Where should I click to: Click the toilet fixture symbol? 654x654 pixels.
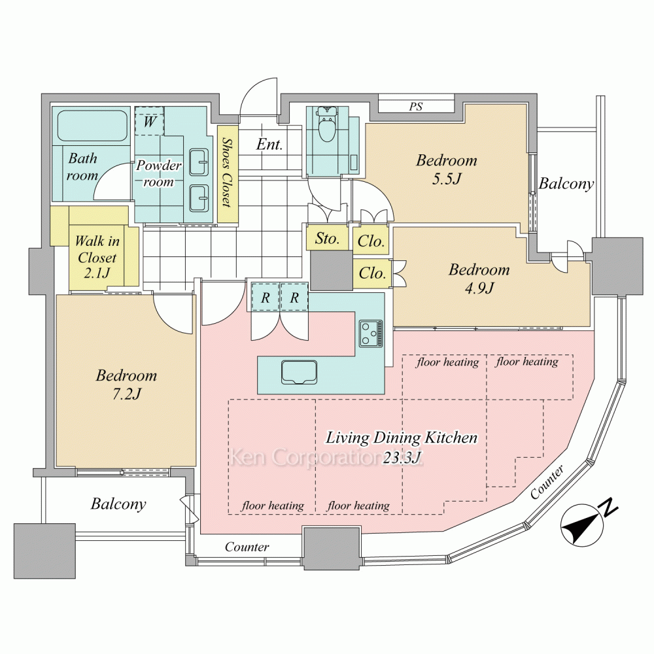coord(326,126)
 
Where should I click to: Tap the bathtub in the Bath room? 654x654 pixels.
coord(92,126)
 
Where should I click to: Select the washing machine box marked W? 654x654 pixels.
coord(149,121)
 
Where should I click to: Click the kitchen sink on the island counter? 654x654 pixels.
coord(299,371)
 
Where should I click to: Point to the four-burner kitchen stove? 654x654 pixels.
coord(371,333)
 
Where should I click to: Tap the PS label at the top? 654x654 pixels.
coord(416,107)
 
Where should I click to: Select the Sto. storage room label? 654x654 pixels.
coord(327,239)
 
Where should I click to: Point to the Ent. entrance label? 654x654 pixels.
coord(269,145)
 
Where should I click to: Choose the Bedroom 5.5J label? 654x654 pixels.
coord(447,169)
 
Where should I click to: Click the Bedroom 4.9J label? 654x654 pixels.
coord(479,278)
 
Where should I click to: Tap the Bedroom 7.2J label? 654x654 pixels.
coord(126,385)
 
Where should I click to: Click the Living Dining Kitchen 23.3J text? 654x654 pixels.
coord(402,447)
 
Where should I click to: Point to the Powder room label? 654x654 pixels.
coord(158,173)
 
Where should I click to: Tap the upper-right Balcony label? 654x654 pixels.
coord(566,184)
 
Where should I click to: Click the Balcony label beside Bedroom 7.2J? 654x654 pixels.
coord(118,504)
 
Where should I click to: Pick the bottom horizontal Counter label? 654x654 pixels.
coord(247,547)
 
